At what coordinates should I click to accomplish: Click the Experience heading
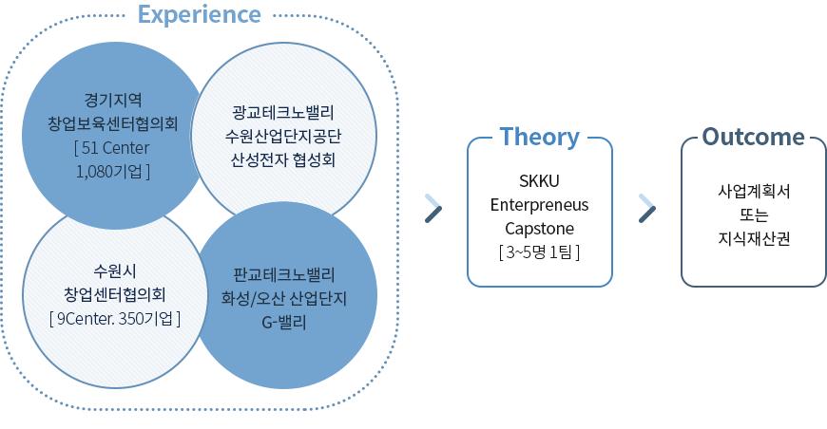point(199,14)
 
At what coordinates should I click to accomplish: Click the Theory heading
point(539,136)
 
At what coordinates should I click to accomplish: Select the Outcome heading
point(753,136)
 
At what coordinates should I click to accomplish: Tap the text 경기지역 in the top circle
point(113,98)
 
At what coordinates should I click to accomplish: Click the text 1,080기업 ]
point(113,171)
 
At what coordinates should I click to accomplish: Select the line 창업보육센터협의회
point(113,122)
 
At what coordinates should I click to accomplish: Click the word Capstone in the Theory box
point(539,228)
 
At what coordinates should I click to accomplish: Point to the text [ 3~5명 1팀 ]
point(539,252)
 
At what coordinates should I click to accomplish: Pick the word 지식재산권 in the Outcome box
point(753,239)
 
